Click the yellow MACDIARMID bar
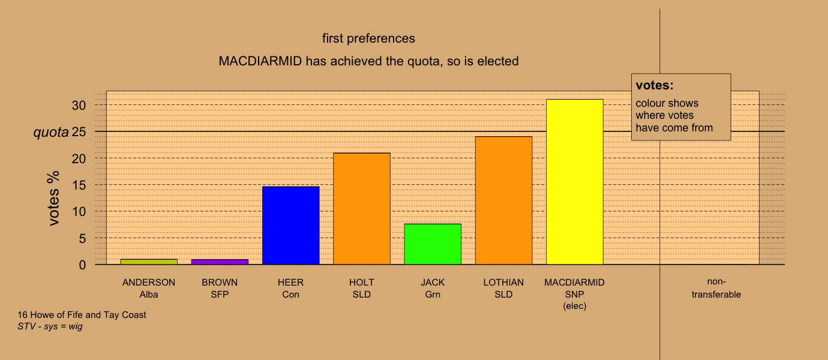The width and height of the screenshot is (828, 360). click(574, 182)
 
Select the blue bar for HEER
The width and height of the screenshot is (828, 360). click(290, 226)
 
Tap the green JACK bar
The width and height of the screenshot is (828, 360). click(433, 244)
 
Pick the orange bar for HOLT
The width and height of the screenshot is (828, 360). click(362, 209)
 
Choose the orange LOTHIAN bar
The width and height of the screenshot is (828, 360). click(503, 200)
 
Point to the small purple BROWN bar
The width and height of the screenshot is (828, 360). click(220, 262)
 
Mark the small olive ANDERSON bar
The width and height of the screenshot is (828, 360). click(149, 262)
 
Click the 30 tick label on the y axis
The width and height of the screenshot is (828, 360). click(79, 106)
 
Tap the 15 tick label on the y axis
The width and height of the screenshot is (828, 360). click(79, 185)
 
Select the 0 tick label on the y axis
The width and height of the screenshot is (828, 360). click(82, 265)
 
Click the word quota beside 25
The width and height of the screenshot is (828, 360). click(51, 133)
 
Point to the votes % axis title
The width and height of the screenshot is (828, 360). click(53, 198)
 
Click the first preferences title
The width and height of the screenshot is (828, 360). click(368, 38)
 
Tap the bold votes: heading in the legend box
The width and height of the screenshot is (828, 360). click(655, 85)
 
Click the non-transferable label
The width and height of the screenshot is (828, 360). click(716, 288)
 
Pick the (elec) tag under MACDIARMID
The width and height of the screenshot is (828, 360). click(574, 306)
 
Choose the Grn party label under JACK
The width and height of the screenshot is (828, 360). click(433, 295)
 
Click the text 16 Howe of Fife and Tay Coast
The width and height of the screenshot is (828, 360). click(82, 315)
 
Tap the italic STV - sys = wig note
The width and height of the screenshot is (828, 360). click(50, 326)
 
